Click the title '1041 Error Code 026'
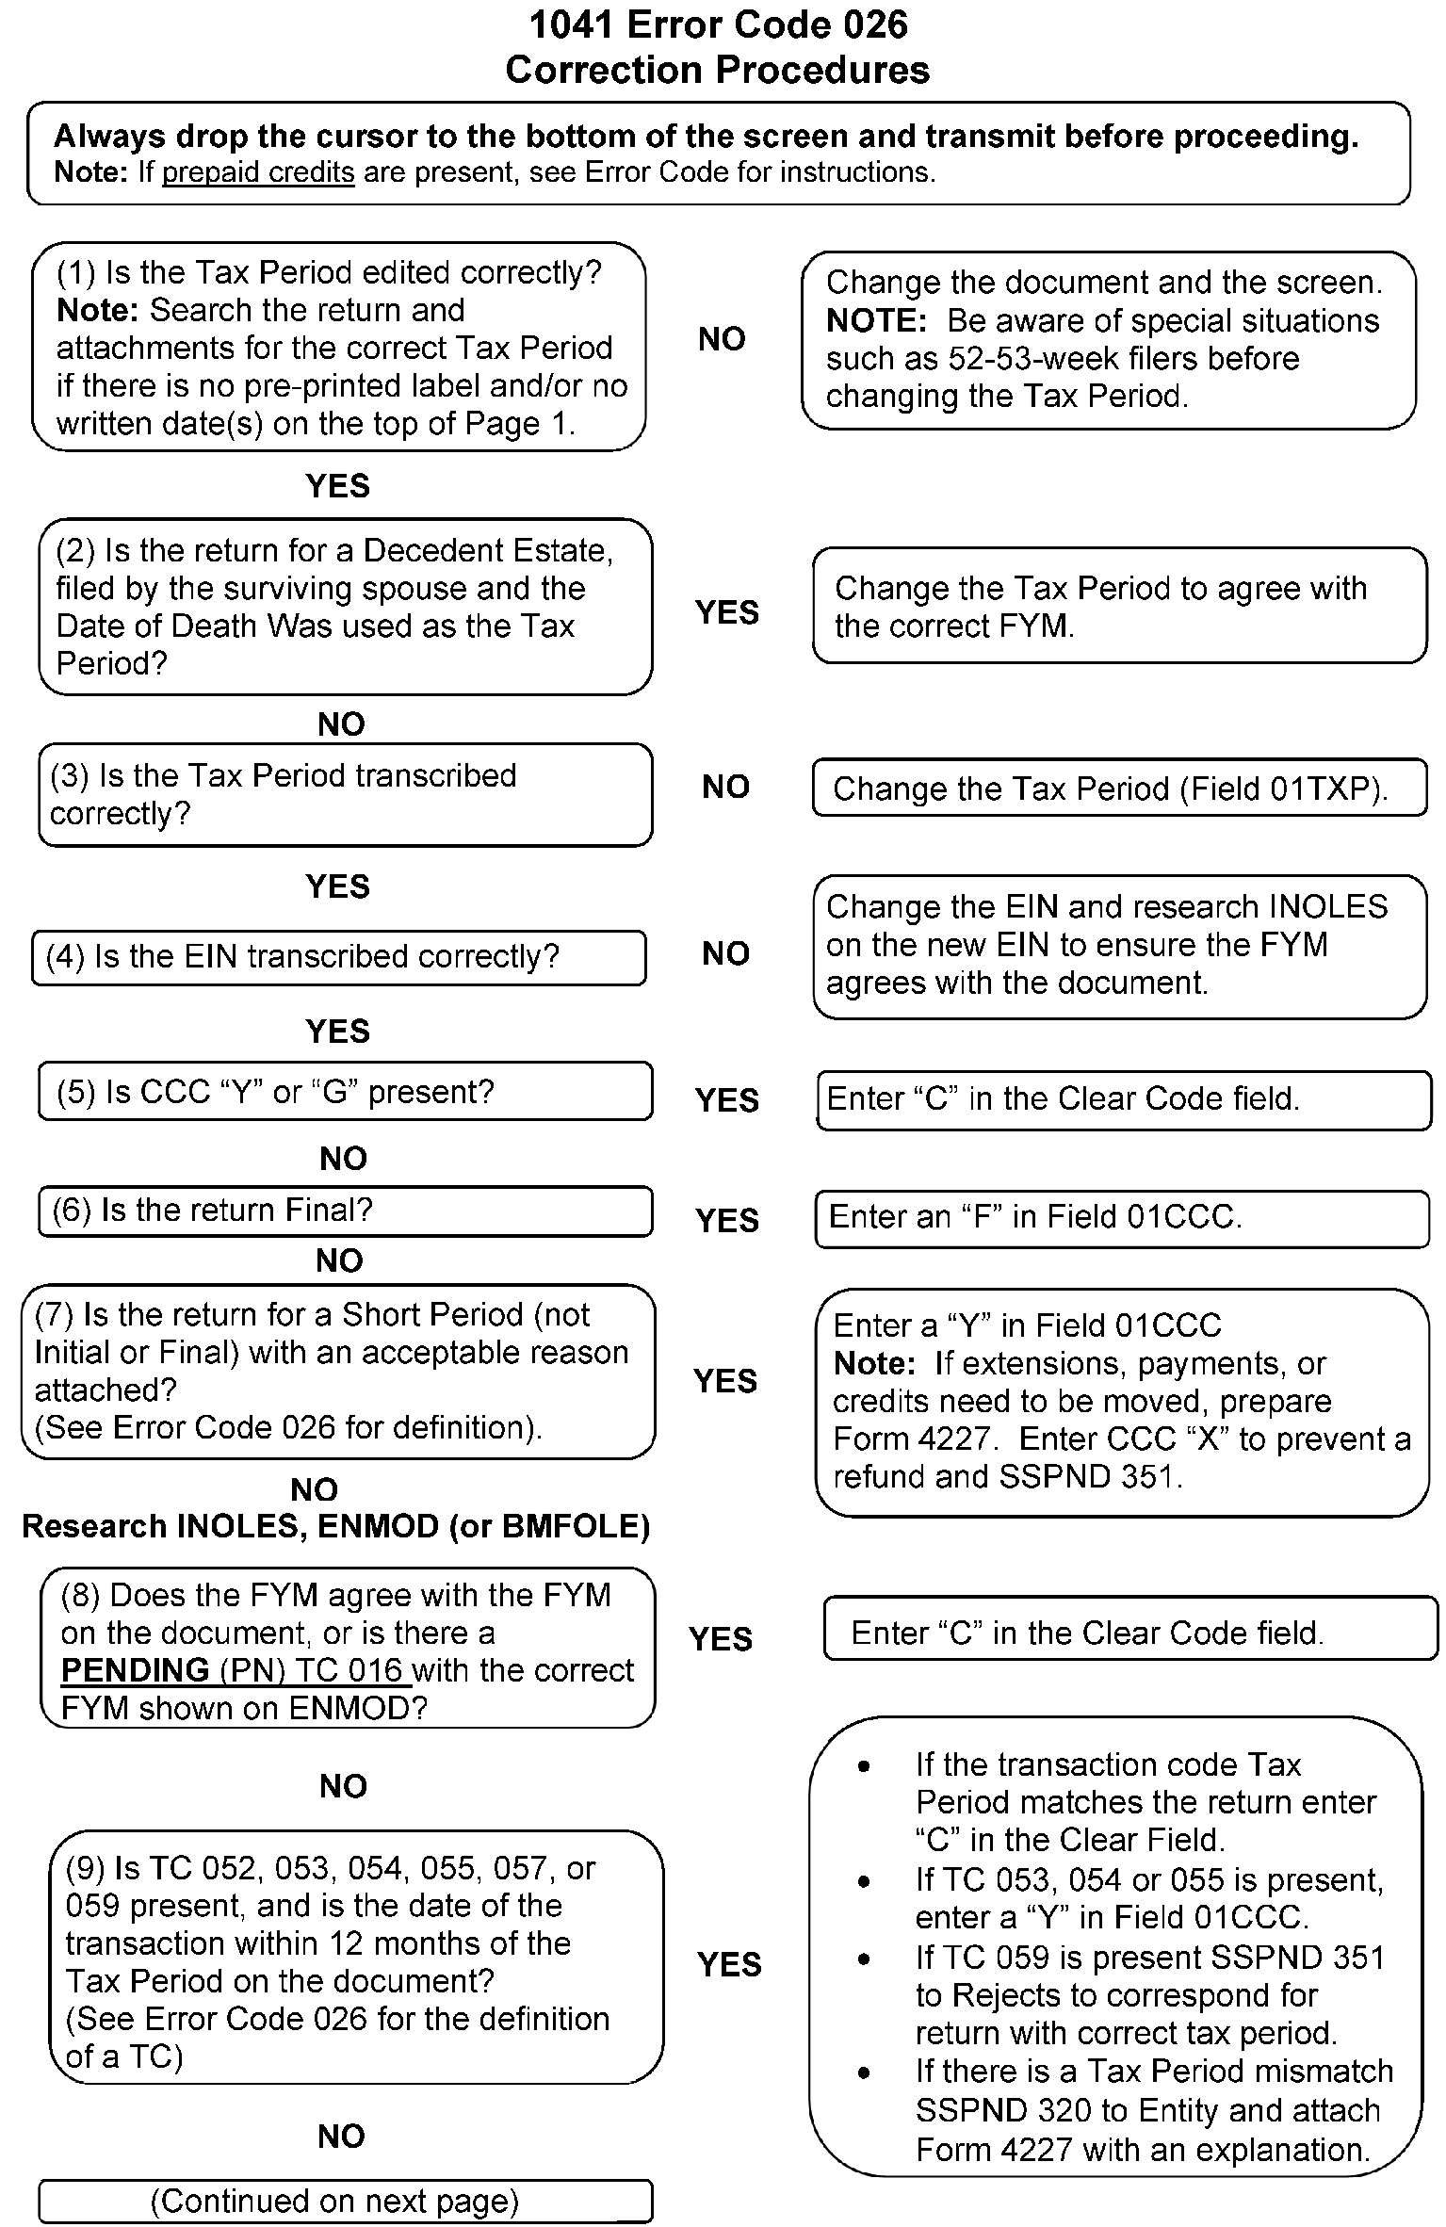[718, 24]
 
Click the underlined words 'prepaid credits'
[258, 172]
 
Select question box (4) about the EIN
[339, 957]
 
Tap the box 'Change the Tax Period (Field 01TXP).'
[1119, 788]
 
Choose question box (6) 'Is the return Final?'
[345, 1211]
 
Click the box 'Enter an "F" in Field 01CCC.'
[1121, 1218]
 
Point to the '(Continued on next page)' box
[345, 2201]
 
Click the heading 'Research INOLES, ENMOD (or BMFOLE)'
[336, 1526]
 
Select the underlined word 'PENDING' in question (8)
[136, 1670]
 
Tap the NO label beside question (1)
[722, 339]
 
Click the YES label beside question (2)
[727, 612]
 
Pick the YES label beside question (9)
[729, 1964]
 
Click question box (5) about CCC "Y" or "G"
[345, 1092]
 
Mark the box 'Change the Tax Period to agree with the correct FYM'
[1119, 606]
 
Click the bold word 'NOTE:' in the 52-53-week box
[877, 321]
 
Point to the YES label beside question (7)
[725, 1381]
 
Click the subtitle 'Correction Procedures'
[718, 71]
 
